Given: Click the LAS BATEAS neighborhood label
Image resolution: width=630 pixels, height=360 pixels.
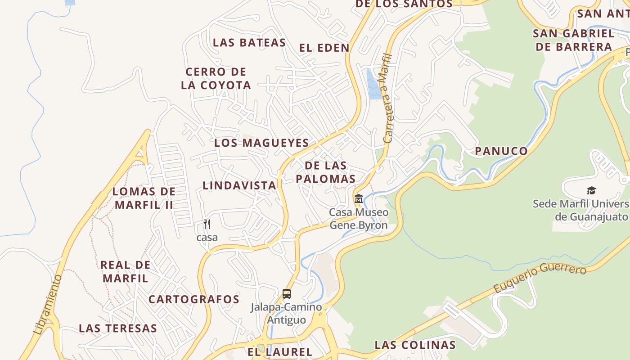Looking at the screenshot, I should tap(249, 43).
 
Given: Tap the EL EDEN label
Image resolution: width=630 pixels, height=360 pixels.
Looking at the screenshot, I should tap(324, 48).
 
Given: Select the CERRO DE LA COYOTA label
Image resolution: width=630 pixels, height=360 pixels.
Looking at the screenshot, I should tap(216, 78).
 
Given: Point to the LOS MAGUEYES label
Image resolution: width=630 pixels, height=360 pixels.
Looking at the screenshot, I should tap(261, 143).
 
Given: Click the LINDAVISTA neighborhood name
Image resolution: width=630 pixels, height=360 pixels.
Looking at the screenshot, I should tap(239, 185).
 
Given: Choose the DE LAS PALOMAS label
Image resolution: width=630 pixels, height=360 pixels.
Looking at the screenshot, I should tap(330, 172).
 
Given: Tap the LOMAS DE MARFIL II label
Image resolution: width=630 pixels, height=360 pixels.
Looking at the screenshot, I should tap(144, 198).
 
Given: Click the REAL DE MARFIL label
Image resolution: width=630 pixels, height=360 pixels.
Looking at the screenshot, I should tap(126, 271).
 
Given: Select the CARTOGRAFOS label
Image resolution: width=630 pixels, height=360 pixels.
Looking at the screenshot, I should tap(194, 299).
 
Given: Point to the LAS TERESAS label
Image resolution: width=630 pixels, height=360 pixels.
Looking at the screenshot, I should tap(118, 328).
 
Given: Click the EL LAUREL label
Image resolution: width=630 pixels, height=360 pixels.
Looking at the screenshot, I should tap(280, 352).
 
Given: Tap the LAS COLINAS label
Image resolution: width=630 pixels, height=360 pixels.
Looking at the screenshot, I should tap(415, 345).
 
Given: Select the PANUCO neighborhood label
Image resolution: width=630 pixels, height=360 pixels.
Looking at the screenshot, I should tap(501, 151).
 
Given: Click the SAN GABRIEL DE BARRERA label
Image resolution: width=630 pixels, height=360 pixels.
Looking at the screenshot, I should tap(573, 40).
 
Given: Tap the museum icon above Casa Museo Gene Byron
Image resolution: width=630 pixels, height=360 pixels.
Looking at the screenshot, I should tap(359, 198).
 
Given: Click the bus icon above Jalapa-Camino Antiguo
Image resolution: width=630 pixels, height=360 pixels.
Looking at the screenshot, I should tap(287, 294).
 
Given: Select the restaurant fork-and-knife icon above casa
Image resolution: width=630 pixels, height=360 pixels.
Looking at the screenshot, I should tap(207, 224).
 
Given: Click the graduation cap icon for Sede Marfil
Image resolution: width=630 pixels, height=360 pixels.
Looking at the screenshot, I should tap(591, 191).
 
